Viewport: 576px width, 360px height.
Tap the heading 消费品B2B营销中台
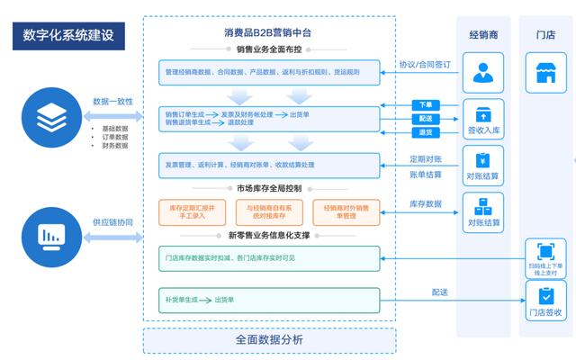coord(268,32)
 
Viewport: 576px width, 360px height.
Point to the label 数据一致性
coord(112,102)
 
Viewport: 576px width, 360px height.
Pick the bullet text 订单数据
coord(115,137)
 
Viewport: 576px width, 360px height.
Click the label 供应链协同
coord(112,222)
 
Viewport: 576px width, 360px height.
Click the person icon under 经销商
coord(483,72)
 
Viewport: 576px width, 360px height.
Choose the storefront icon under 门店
coord(545,72)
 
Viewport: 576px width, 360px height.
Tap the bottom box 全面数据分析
coord(269,340)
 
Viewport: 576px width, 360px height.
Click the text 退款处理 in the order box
coord(244,122)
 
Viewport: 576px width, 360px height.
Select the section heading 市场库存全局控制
coord(269,189)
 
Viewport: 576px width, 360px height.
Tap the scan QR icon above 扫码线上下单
coord(545,251)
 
